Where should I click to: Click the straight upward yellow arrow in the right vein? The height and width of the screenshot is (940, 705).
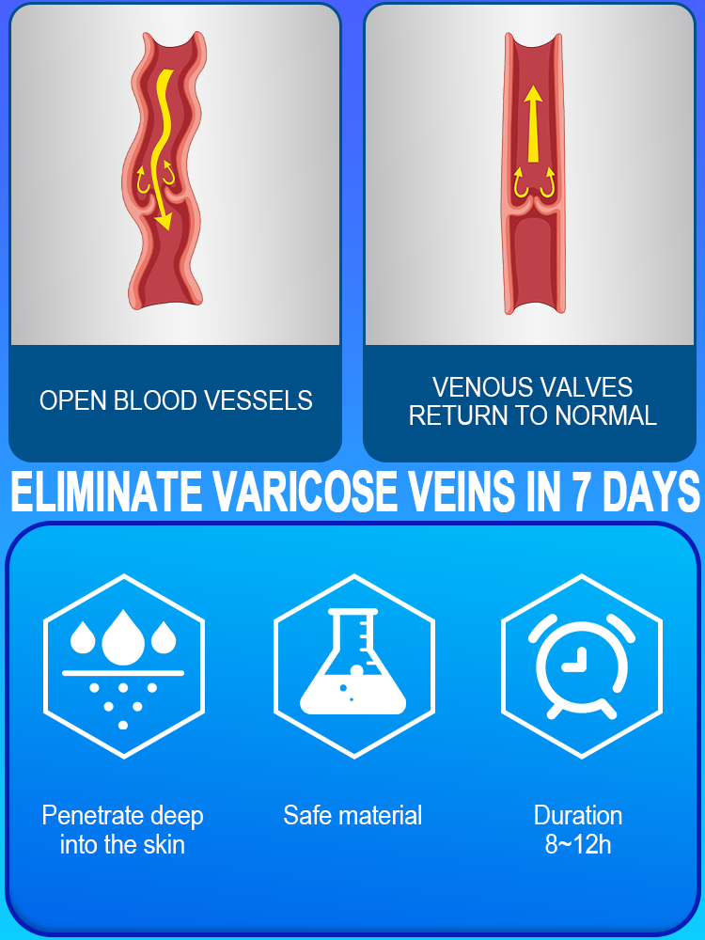533,122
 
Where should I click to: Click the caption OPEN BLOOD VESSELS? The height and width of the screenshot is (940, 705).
176,400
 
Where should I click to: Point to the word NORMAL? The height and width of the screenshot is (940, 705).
607,415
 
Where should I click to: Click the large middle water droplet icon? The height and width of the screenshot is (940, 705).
123,636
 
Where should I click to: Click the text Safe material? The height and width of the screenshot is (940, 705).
352,815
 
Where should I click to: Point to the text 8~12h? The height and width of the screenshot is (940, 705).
578,844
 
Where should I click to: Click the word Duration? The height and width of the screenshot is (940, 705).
578,815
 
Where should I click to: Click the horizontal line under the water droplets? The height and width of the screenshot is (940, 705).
123,673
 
